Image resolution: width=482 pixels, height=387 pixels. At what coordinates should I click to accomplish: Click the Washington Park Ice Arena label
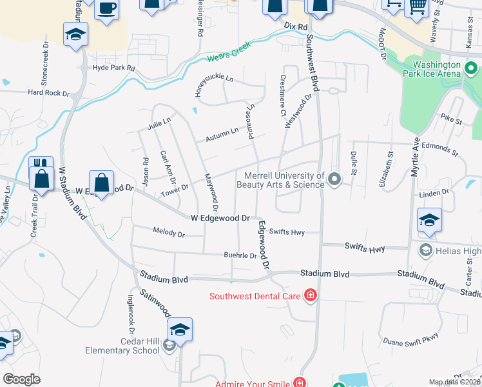pos(437,70)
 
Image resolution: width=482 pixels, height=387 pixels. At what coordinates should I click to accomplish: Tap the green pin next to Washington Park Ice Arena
pos(471,67)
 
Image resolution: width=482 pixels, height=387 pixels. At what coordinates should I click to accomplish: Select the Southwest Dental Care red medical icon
pos(311,295)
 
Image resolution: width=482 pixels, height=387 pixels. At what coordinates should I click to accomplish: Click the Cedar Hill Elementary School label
pos(122,346)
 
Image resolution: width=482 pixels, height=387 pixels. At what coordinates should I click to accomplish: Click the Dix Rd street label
pos(294,24)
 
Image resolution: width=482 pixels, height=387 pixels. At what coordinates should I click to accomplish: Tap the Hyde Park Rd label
pos(114,68)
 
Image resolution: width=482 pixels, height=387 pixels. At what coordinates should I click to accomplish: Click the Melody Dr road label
pos(169,232)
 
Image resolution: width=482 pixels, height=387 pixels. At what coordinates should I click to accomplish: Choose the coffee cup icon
pos(107,9)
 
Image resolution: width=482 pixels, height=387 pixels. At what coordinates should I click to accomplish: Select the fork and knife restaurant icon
pos(41,164)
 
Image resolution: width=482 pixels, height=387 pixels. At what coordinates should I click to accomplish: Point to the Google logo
pos(21,379)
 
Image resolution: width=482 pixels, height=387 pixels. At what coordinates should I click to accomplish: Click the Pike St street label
pos(452,120)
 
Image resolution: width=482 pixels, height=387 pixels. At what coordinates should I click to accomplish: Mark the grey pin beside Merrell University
pos(334,179)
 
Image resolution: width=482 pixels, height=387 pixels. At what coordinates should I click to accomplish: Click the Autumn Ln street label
pos(222,134)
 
